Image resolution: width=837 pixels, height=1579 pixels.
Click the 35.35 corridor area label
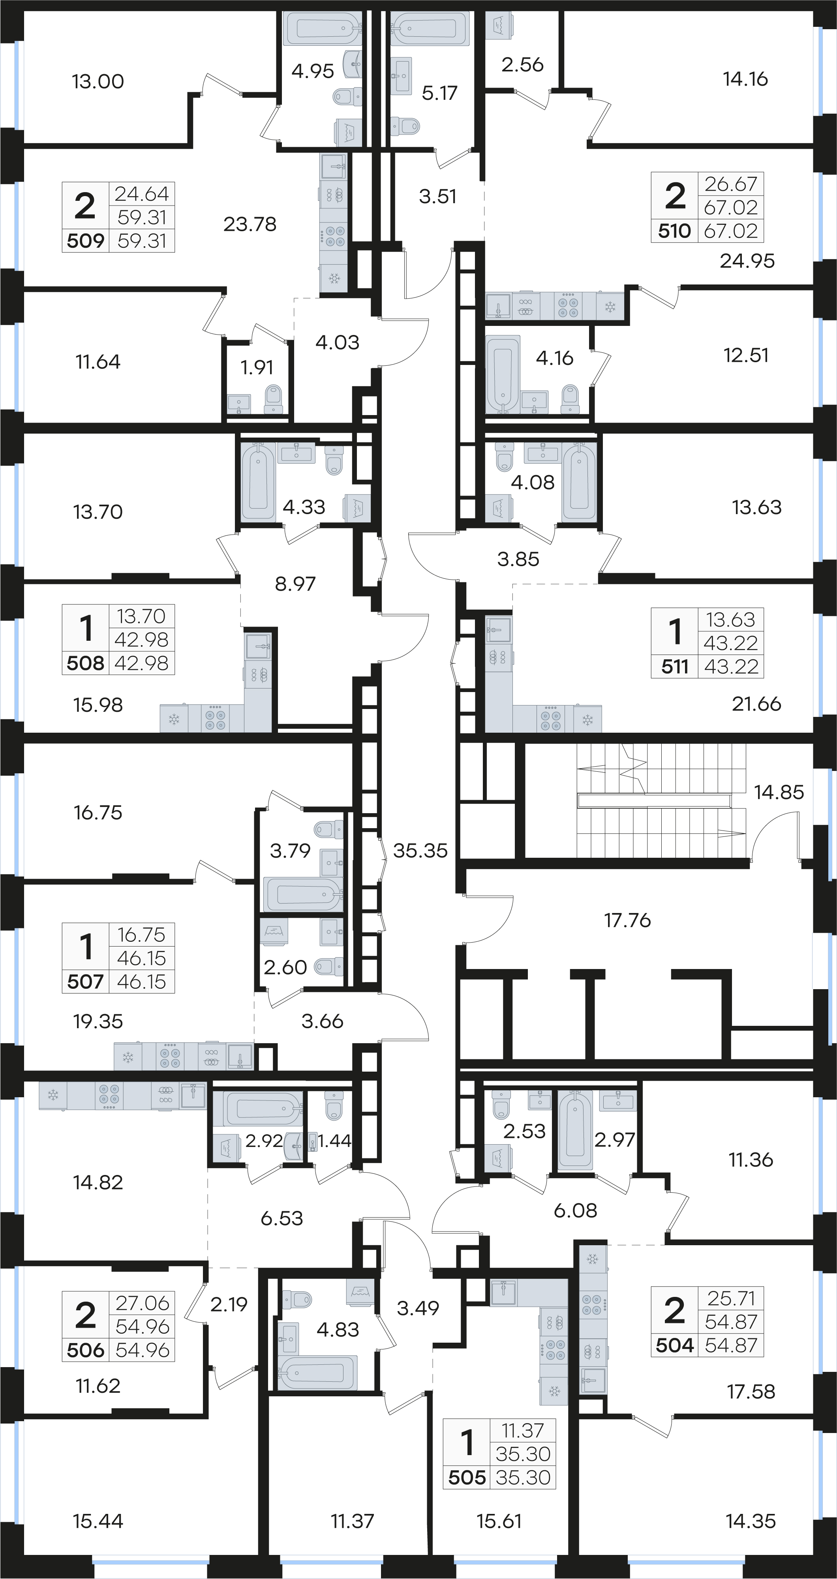420,851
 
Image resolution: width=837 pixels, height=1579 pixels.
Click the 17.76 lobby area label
627,920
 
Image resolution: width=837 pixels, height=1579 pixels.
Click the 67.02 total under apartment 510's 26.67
731,208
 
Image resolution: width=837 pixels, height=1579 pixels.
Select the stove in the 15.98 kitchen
216,718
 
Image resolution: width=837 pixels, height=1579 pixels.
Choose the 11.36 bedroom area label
751,1159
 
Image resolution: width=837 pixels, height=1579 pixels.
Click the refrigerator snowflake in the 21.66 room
587,720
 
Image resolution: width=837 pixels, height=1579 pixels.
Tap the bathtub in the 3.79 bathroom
303,894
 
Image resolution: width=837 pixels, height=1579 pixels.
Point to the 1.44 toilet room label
335,1140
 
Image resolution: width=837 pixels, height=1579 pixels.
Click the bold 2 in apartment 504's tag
674,1311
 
